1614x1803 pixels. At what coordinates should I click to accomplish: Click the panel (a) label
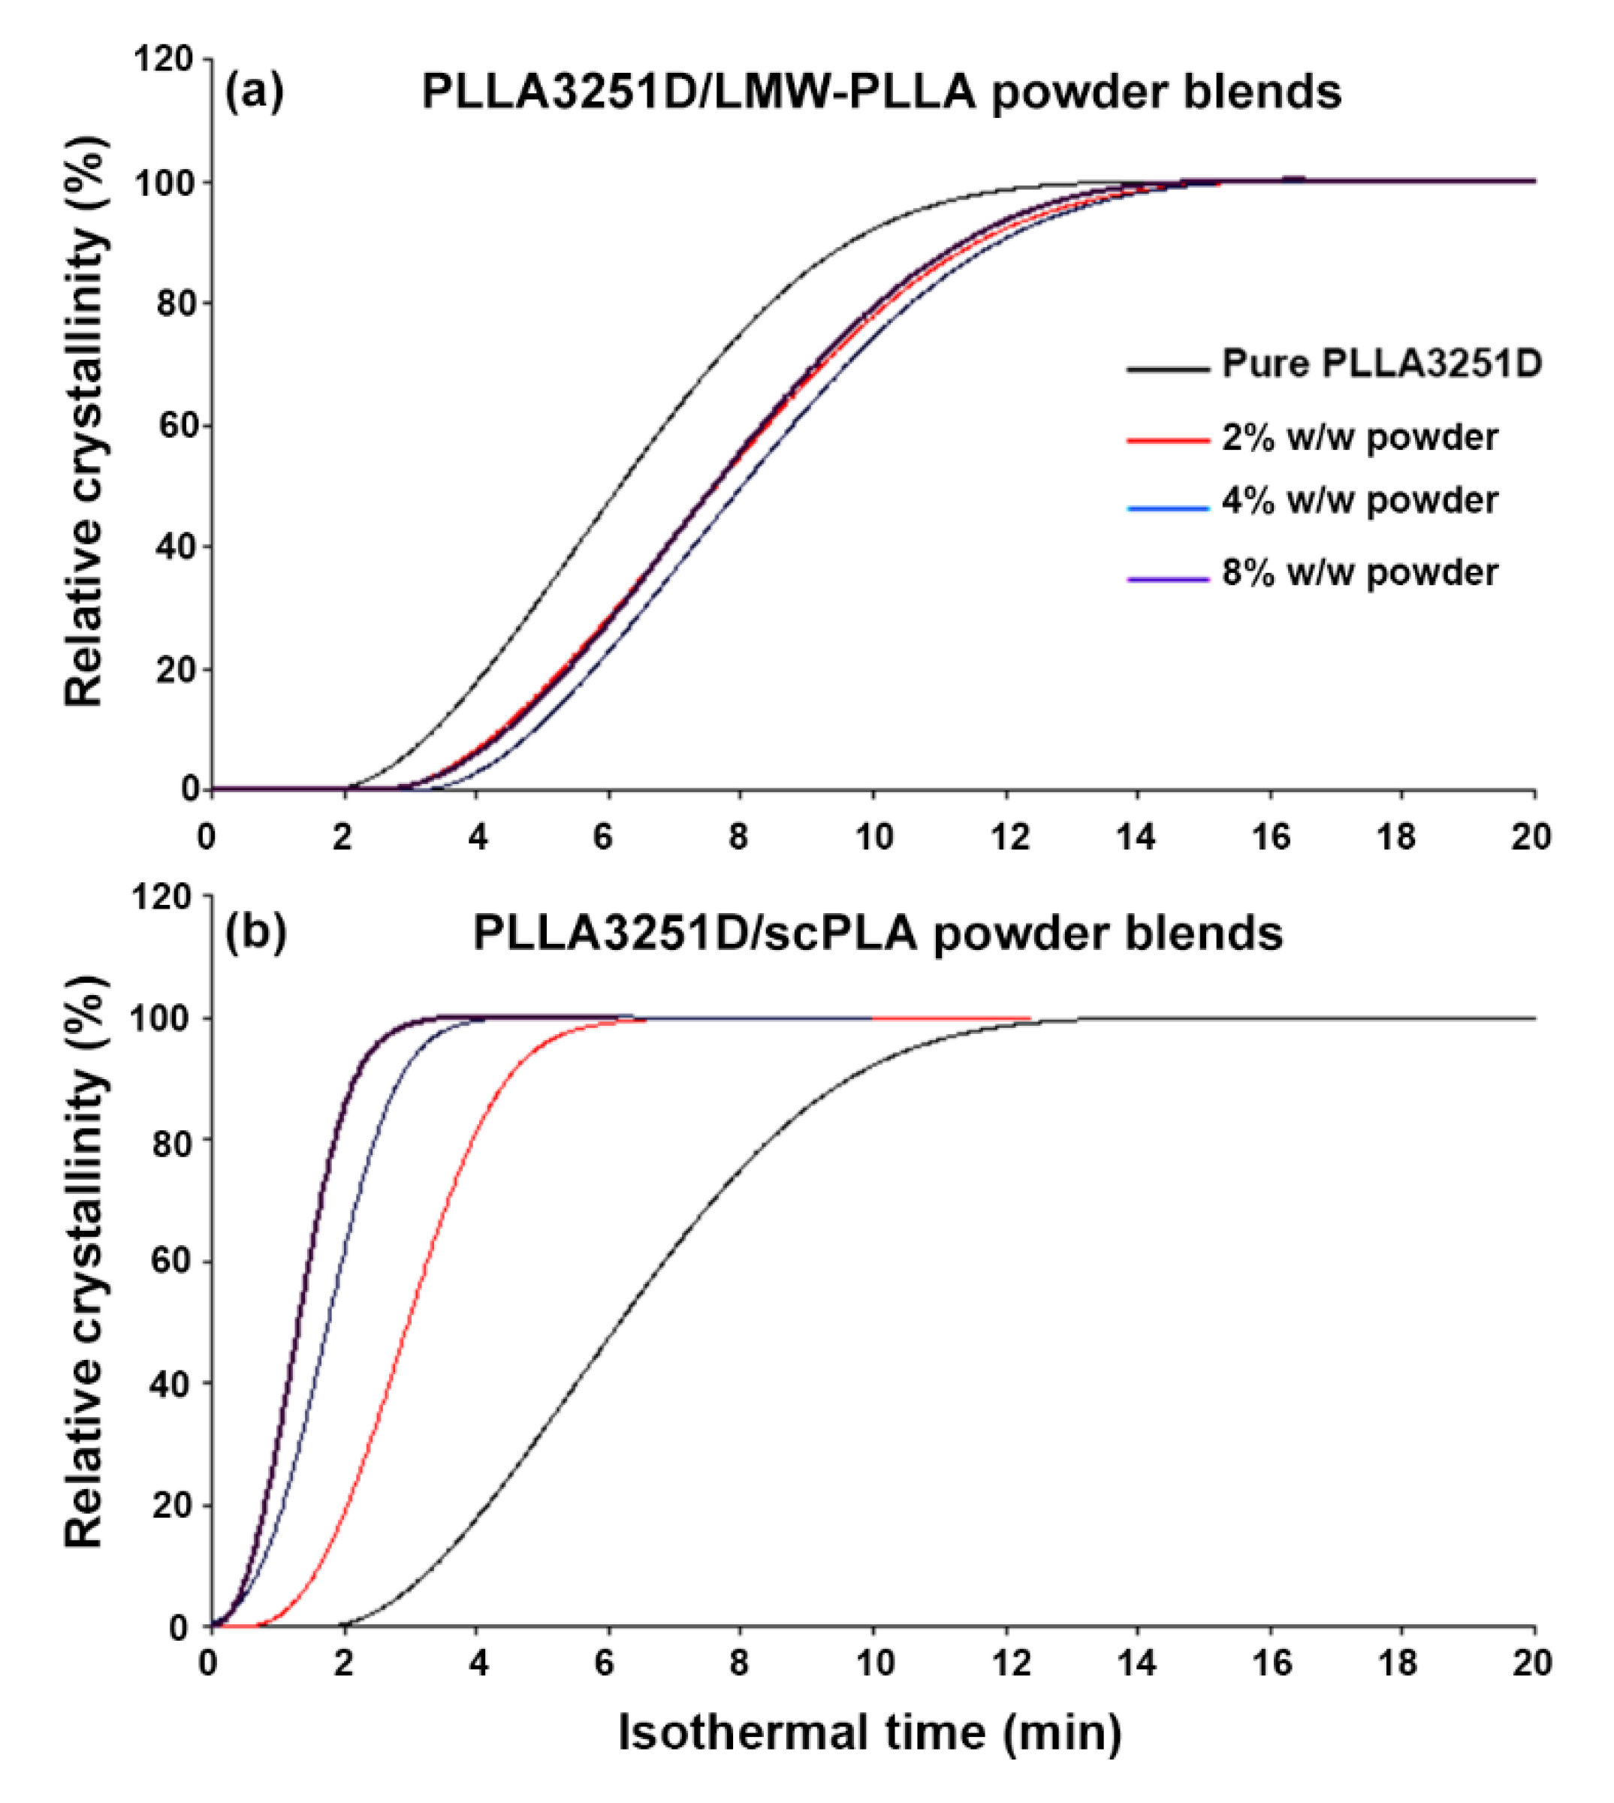pos(255,92)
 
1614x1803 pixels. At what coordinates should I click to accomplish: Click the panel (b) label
pos(255,933)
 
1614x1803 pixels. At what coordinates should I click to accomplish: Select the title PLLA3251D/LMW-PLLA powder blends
pos(881,92)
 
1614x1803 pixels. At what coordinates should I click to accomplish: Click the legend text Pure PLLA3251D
pos(1380,364)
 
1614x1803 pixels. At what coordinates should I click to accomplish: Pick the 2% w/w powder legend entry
pos(1359,438)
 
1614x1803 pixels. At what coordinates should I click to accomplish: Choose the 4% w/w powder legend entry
pos(1359,502)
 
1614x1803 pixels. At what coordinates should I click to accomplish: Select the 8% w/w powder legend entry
pos(1359,573)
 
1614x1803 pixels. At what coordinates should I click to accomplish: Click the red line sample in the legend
pos(1167,441)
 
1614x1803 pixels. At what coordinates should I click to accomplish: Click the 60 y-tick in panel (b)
pos(172,1261)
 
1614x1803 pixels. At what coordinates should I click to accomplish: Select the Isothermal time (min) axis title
pos(869,1732)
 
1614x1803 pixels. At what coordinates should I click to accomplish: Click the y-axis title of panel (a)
pos(86,421)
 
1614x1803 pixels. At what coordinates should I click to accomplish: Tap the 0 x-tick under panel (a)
pos(207,837)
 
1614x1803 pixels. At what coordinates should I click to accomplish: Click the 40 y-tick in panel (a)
pos(172,547)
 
